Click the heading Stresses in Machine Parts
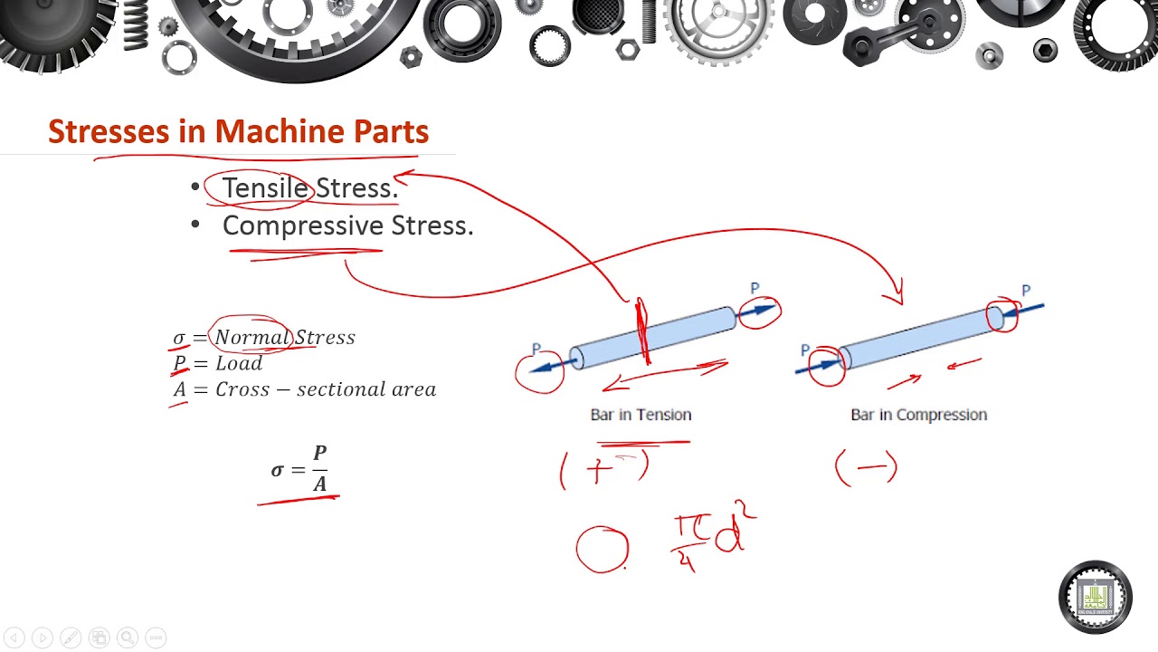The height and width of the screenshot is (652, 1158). pyautogui.click(x=238, y=132)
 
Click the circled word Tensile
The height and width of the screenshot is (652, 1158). pyautogui.click(x=264, y=188)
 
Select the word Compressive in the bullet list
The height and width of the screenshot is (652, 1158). pyautogui.click(x=303, y=225)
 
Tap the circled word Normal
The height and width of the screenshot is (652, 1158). pyautogui.click(x=252, y=338)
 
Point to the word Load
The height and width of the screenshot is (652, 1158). pyautogui.click(x=239, y=363)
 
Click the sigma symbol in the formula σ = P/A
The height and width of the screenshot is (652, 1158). pyautogui.click(x=278, y=470)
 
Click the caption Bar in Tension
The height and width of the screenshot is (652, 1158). pyautogui.click(x=641, y=415)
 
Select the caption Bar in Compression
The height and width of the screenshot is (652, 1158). pyautogui.click(x=918, y=415)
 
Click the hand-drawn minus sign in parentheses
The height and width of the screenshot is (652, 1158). pyautogui.click(x=866, y=468)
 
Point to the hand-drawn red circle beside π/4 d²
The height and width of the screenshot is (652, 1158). pyautogui.click(x=603, y=550)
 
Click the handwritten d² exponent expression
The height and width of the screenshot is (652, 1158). pyautogui.click(x=734, y=533)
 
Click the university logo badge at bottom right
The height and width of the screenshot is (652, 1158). pyautogui.click(x=1095, y=597)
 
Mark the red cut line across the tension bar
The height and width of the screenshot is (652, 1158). pyautogui.click(x=642, y=331)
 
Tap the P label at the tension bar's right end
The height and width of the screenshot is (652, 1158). pyautogui.click(x=755, y=289)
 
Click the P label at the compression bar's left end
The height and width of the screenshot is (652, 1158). pyautogui.click(x=805, y=350)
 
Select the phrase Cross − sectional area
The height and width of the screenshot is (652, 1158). pyautogui.click(x=325, y=389)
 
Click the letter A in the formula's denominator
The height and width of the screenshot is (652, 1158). pyautogui.click(x=319, y=484)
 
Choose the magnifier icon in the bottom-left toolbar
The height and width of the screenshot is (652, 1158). pyautogui.click(x=128, y=638)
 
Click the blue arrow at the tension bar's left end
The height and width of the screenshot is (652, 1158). pyautogui.click(x=551, y=365)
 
